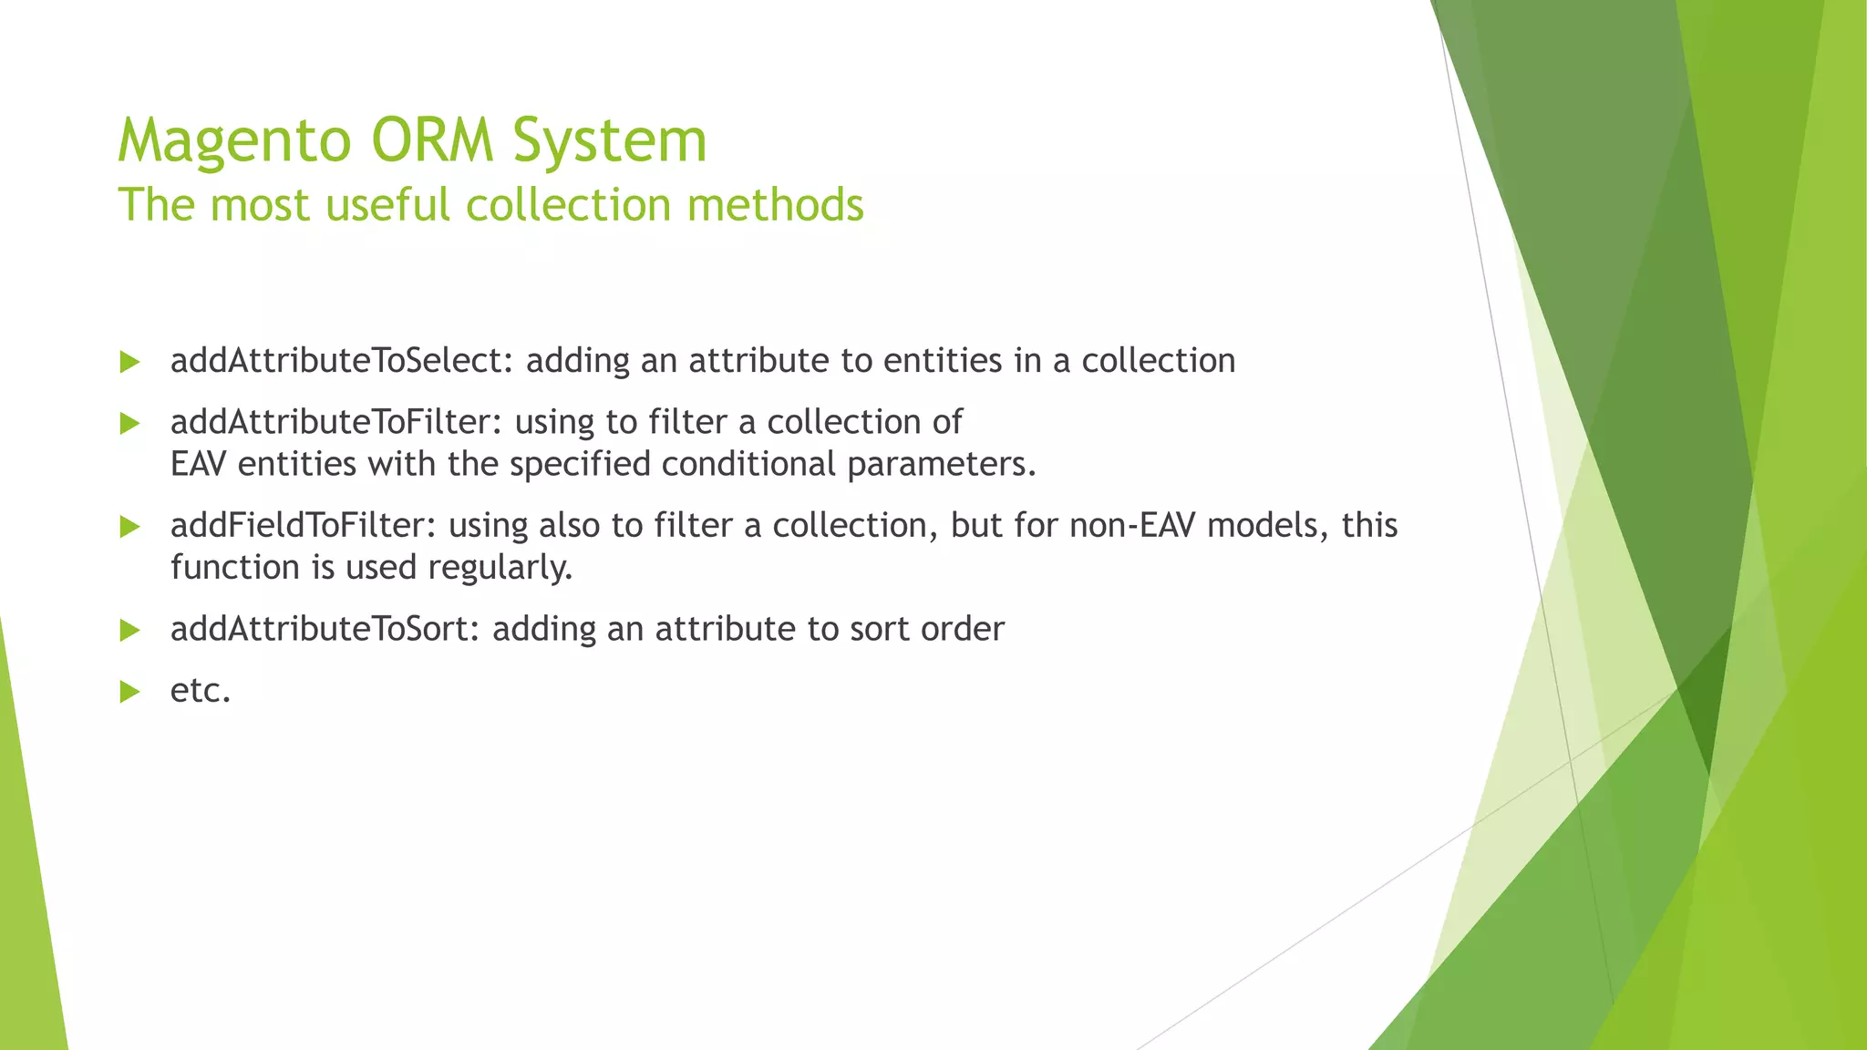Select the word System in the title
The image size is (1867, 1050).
(x=609, y=141)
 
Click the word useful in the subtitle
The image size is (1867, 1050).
(x=388, y=204)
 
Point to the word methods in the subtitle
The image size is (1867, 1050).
(x=775, y=204)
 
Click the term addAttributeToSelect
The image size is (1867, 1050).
(x=335, y=361)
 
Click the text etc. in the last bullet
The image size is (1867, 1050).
(x=201, y=691)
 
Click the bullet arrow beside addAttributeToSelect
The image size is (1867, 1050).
(x=129, y=362)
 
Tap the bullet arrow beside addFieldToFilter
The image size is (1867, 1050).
(x=129, y=526)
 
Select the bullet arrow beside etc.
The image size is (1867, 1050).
(x=129, y=692)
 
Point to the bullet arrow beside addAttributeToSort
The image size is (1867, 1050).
(x=129, y=630)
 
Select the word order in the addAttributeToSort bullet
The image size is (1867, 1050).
(x=963, y=629)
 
